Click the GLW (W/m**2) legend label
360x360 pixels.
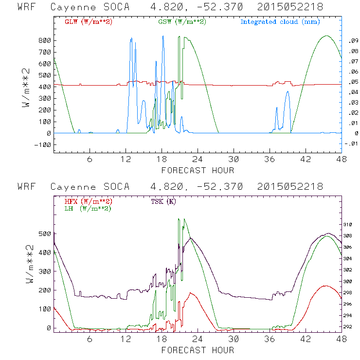click(x=89, y=22)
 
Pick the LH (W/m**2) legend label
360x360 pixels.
click(x=87, y=209)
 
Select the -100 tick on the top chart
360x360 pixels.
click(x=42, y=144)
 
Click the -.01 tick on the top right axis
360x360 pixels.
click(x=352, y=143)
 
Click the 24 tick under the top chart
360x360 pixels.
click(x=198, y=160)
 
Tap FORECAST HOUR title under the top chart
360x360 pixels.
click(x=198, y=170)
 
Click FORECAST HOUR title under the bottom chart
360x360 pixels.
click(x=198, y=350)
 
